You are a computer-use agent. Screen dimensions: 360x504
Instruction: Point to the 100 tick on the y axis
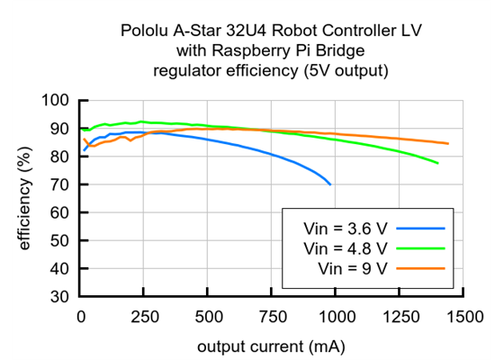point(58,101)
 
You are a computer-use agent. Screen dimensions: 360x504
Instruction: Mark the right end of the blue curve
point(330,184)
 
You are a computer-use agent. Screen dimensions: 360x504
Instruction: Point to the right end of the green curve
point(437,163)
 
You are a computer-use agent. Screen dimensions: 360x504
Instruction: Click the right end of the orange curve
point(448,144)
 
